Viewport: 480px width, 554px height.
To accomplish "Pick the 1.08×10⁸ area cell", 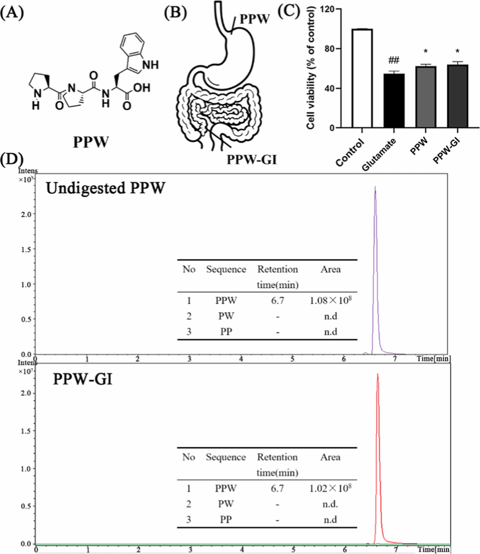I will [331, 301].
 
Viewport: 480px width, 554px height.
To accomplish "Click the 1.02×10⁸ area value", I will [331, 489].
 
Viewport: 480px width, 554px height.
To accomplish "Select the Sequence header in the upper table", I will [226, 269].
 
